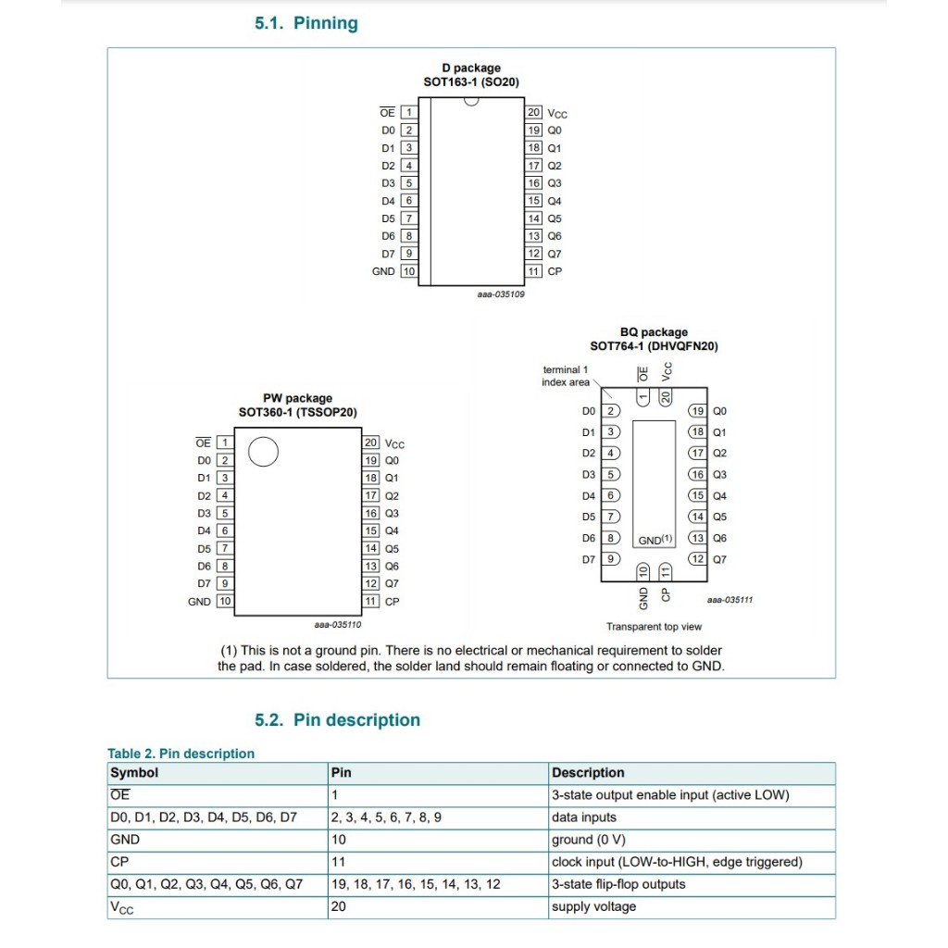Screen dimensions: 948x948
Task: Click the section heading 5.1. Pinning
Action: pos(306,23)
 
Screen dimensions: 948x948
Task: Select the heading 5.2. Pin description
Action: pos(337,720)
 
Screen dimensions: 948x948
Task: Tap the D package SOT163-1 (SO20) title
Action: pos(471,75)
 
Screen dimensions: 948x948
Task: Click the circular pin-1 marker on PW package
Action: pos(264,452)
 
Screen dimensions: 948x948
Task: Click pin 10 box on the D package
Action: pos(408,271)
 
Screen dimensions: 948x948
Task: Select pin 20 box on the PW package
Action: pos(370,443)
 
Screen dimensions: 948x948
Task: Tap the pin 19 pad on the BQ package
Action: pos(697,411)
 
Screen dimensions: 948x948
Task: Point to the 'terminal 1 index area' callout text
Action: pos(565,376)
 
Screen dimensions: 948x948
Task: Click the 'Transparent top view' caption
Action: pos(654,627)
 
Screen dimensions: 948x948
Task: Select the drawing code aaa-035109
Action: pos(501,294)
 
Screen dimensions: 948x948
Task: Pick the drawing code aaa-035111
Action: pos(730,600)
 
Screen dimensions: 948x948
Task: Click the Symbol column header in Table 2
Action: pos(134,773)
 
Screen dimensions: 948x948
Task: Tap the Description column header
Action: pos(588,773)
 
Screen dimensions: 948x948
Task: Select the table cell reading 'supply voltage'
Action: pos(593,906)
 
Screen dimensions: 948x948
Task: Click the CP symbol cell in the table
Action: pos(118,862)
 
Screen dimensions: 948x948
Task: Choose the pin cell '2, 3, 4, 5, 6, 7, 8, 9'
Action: pos(386,817)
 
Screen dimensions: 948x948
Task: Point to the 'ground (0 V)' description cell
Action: pos(589,840)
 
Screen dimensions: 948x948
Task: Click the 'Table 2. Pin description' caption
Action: pos(181,754)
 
